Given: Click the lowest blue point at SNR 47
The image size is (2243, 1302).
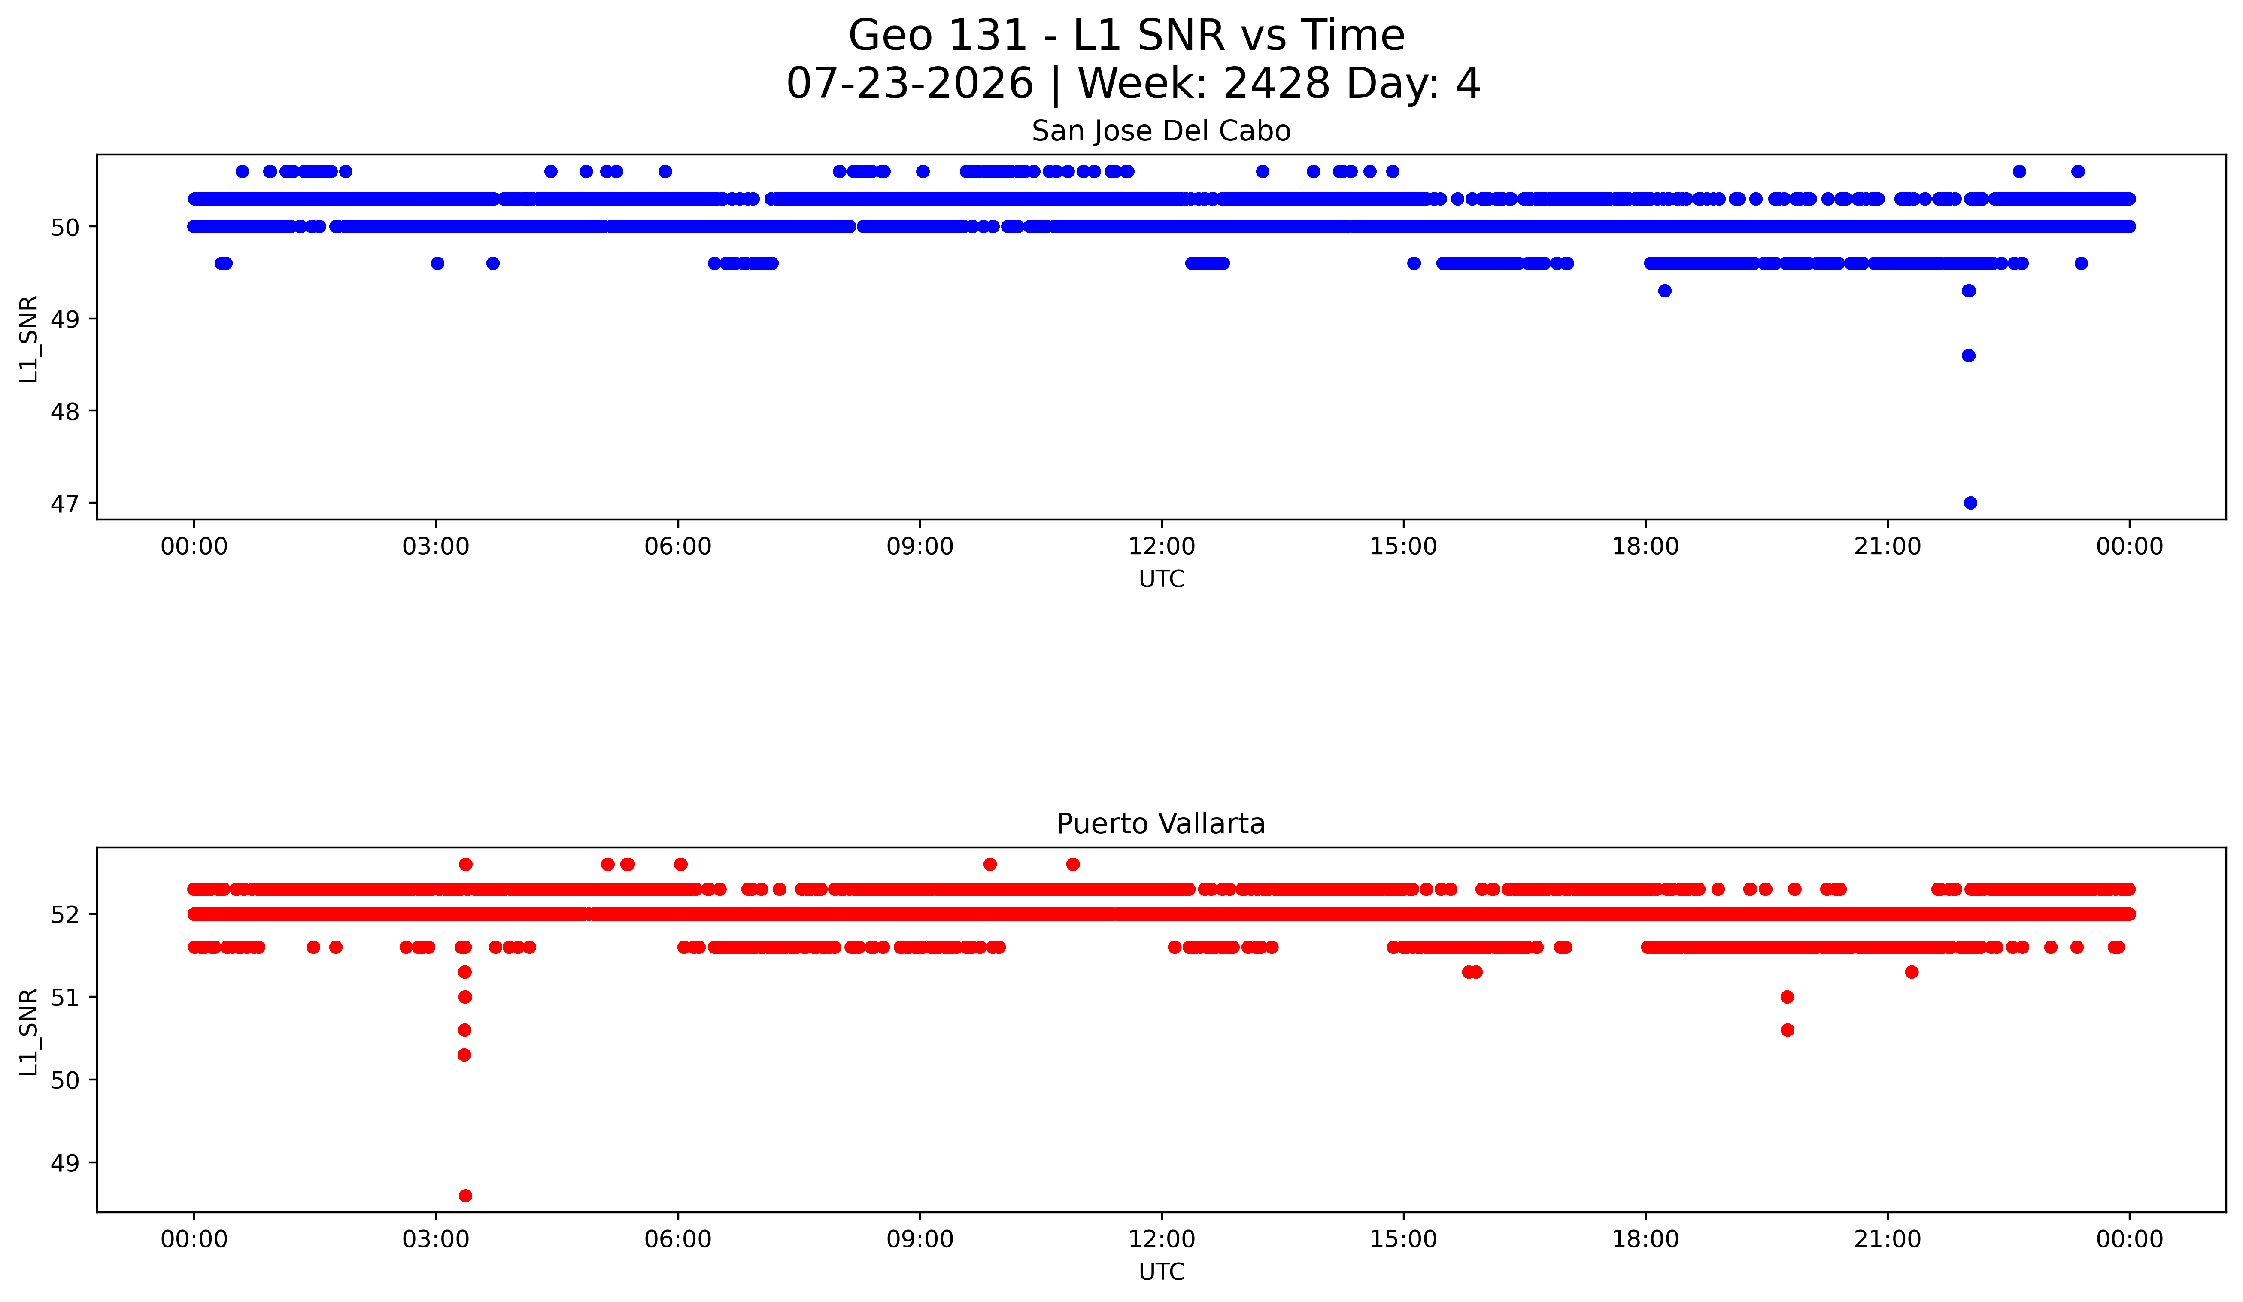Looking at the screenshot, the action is click(1970, 503).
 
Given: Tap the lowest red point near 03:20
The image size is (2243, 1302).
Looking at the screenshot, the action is click(464, 1195).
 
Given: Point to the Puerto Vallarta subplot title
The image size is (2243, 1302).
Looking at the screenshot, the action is click(1161, 824).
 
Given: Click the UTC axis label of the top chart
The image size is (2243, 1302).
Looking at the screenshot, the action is click(1162, 580).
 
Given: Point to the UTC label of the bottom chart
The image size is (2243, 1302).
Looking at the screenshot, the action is click(1162, 1272).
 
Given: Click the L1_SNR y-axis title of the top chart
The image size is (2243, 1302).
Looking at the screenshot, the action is click(29, 339).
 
